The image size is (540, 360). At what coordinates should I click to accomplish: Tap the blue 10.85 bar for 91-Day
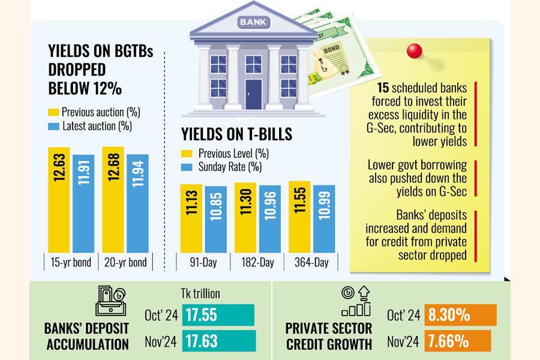click(x=216, y=219)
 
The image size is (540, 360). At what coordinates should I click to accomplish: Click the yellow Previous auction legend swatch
click(x=53, y=112)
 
